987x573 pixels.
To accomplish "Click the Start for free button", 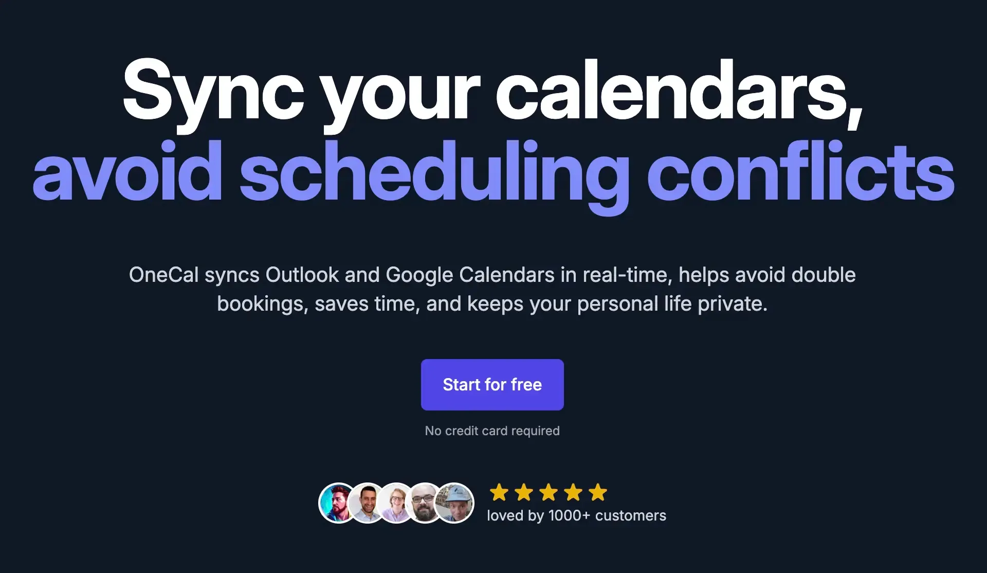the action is (x=492, y=385).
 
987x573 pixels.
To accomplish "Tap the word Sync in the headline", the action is (x=213, y=93).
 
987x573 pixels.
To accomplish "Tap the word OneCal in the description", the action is (x=163, y=275).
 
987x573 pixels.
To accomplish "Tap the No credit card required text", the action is (x=492, y=431).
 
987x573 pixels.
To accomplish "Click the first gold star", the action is (x=499, y=492).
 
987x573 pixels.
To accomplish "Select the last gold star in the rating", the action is (x=597, y=492).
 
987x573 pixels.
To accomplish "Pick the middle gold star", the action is (x=548, y=492).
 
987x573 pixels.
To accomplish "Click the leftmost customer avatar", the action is (x=337, y=503).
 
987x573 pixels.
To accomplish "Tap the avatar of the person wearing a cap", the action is (x=454, y=503).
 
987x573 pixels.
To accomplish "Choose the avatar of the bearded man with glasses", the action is (x=425, y=503).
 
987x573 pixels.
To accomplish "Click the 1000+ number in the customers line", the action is (x=569, y=515).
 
